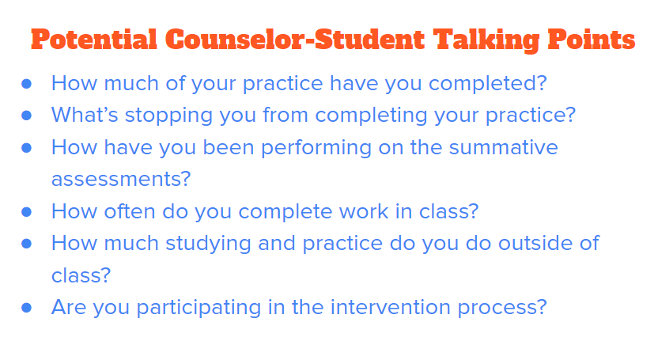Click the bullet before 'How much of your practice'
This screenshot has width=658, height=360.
tap(27, 83)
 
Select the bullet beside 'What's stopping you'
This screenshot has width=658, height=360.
tap(27, 116)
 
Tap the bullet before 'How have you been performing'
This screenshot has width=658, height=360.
tap(27, 148)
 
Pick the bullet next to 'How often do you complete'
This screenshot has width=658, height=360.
tap(27, 212)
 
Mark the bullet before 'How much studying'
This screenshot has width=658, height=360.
tap(27, 244)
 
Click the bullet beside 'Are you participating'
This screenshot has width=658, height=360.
tap(27, 308)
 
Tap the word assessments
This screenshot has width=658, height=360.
tap(121, 180)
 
